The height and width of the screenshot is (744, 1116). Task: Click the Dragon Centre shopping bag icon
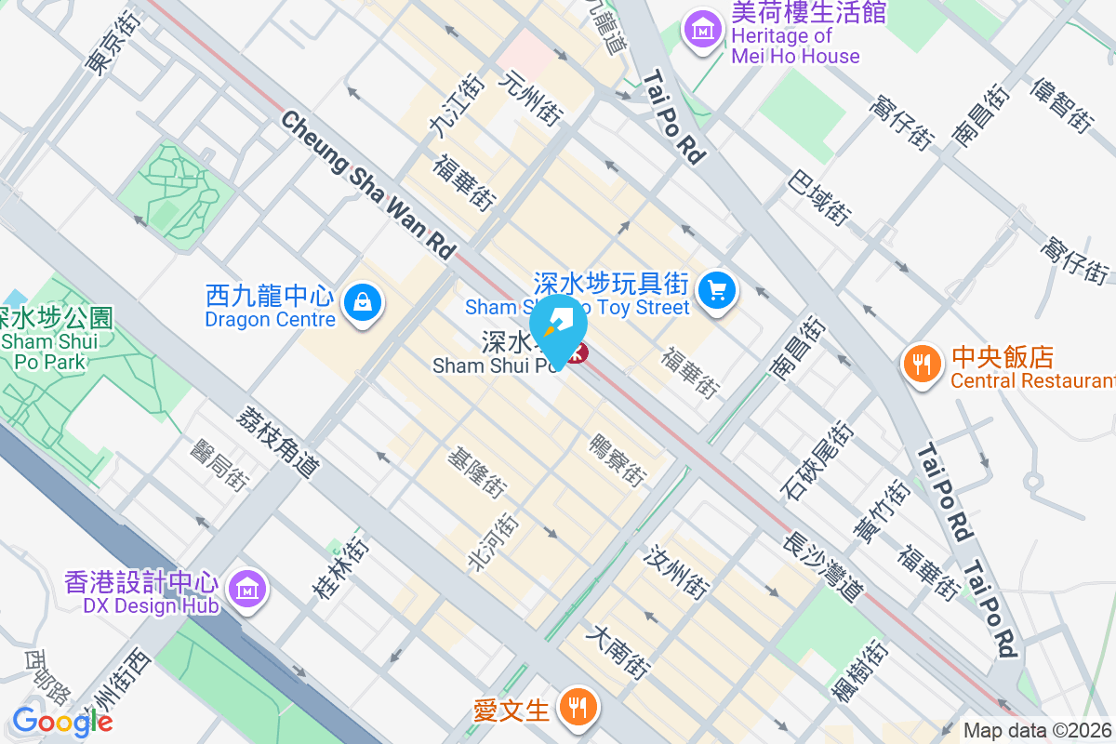[360, 301]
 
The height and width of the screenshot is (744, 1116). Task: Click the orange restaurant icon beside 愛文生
[578, 708]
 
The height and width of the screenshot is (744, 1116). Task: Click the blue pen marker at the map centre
[558, 333]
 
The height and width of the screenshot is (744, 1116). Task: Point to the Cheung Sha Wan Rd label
[368, 185]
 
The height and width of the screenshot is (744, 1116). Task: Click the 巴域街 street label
[818, 198]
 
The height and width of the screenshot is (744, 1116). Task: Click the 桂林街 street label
[340, 567]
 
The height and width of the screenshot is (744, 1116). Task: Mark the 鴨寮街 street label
[618, 459]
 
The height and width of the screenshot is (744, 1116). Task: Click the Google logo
[62, 721]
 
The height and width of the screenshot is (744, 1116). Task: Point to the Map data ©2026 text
[1037, 731]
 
